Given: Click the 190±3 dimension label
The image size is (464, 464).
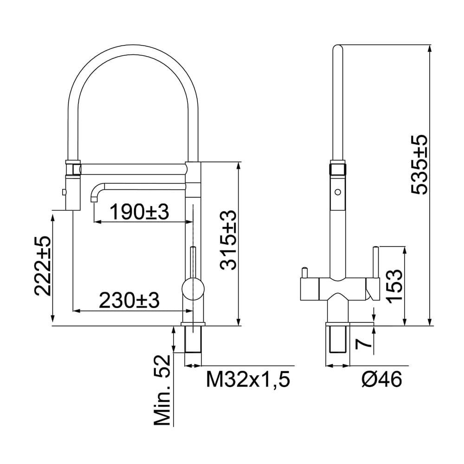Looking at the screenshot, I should (x=139, y=213).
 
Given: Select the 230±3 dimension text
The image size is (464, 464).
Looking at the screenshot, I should (x=130, y=301).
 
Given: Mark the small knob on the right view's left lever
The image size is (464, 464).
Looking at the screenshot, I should (x=304, y=270).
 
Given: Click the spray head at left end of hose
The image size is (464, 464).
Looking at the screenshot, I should (x=73, y=186).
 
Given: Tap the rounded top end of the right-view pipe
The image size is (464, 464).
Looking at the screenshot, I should (x=338, y=47).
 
